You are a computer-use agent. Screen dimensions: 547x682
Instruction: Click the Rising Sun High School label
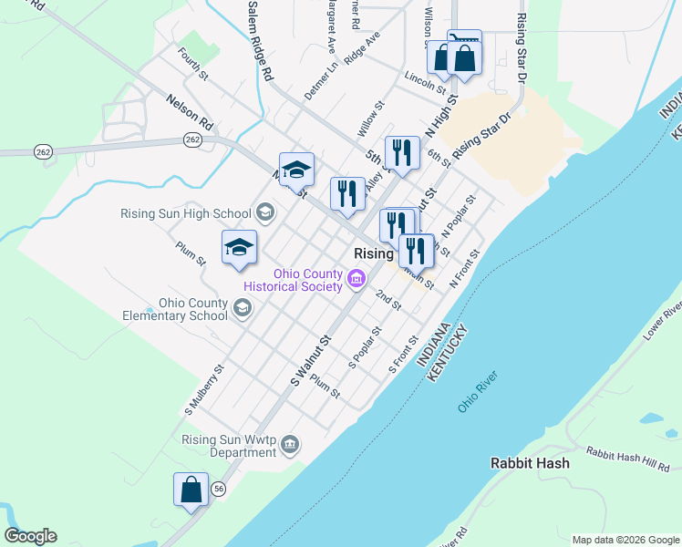pyautogui.click(x=185, y=213)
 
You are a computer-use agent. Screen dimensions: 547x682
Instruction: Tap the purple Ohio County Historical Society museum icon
pyautogui.click(x=356, y=278)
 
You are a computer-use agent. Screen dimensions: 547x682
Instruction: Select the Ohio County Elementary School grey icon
pyautogui.click(x=242, y=309)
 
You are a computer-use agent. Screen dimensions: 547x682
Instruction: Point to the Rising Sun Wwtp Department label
pyautogui.click(x=228, y=445)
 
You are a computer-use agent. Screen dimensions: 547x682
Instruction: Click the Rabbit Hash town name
pyautogui.click(x=530, y=463)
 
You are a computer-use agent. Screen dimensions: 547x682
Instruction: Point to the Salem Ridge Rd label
pyautogui.click(x=260, y=42)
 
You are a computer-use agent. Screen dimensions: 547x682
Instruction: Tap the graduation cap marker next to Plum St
pyautogui.click(x=240, y=247)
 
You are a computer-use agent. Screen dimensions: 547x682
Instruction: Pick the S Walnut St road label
pyautogui.click(x=309, y=358)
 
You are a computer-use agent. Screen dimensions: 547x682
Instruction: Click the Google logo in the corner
pyautogui.click(x=30, y=536)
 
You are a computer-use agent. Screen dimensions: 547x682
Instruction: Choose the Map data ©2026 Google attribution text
pyautogui.click(x=625, y=540)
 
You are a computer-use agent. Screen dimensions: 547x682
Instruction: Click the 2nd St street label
pyautogui.click(x=388, y=300)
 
